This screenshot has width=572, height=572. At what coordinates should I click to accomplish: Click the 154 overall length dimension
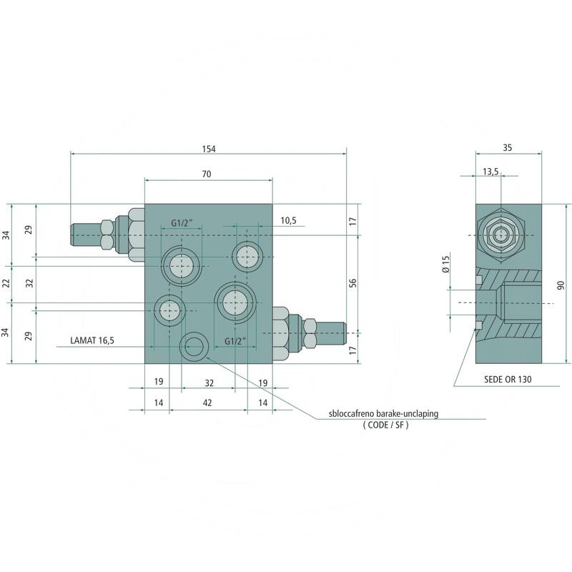208,149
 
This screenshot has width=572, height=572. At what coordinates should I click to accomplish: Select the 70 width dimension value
207,174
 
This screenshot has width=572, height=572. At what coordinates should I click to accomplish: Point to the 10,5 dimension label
288,221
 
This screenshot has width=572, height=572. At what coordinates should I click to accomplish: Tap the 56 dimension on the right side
352,284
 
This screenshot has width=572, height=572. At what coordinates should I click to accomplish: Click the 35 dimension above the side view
507,148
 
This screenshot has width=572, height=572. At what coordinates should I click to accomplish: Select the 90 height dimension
561,284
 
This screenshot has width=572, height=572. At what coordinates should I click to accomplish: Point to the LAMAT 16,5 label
92,341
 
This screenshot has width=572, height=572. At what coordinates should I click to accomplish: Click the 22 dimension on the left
6,284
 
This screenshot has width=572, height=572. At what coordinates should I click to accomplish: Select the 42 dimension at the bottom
208,403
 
